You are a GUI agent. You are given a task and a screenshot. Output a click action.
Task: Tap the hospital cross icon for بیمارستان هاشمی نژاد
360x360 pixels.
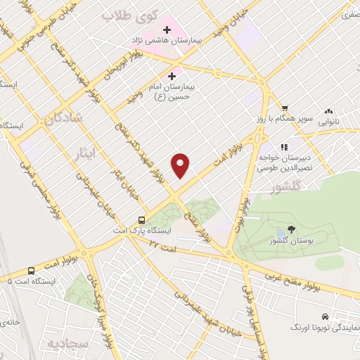(167, 30)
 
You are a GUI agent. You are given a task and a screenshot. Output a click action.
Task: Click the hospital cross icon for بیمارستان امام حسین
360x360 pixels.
(172, 75)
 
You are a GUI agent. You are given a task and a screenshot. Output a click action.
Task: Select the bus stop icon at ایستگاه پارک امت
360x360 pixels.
(142, 219)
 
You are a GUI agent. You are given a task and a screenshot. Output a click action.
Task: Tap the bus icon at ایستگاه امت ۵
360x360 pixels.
(31, 271)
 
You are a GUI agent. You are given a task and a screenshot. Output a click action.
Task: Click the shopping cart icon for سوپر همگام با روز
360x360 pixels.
(285, 107)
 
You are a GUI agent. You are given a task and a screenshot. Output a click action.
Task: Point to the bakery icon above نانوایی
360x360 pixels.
(328, 112)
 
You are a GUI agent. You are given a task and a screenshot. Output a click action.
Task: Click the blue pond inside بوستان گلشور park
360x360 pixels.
(282, 232)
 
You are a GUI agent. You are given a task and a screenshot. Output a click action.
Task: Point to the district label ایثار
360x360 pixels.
(86, 150)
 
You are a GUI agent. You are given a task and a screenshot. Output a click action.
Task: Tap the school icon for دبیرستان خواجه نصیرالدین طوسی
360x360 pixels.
(284, 147)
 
